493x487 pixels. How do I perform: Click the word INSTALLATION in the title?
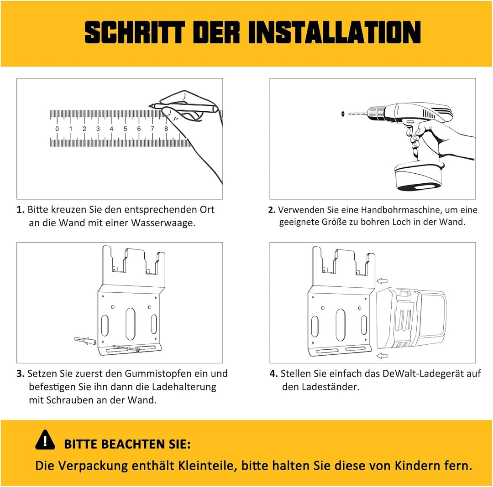(x=335, y=32)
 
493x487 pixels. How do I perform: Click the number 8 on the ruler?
(x=166, y=129)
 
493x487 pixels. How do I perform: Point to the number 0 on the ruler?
(x=57, y=129)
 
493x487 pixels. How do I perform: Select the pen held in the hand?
(x=184, y=107)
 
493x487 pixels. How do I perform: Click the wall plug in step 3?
(x=85, y=341)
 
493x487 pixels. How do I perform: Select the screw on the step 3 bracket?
(x=126, y=348)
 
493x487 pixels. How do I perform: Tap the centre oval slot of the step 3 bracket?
(x=131, y=324)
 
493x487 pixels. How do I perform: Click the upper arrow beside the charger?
(x=382, y=281)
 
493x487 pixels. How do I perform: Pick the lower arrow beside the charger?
(x=382, y=355)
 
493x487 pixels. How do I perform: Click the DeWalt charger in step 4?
(x=411, y=319)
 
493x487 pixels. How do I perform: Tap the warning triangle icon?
(x=45, y=440)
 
